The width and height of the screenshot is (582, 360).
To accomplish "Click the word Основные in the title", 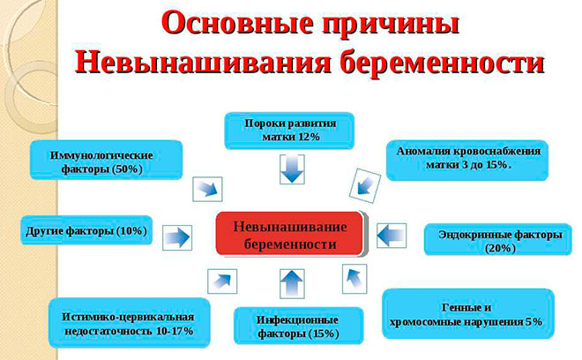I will point(226,23).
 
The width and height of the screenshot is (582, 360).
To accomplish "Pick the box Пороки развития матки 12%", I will point(289,130).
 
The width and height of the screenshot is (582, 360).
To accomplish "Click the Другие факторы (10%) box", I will point(85,231).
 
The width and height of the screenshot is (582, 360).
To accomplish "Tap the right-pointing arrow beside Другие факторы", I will point(176,236).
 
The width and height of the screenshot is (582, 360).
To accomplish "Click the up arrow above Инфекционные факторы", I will point(291,284).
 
